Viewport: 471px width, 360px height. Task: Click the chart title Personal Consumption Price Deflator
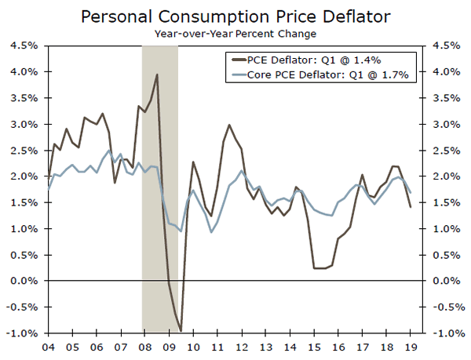coord(235,15)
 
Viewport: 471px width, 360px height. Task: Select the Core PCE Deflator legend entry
coord(325,75)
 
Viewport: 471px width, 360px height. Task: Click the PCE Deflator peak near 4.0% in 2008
coord(157,75)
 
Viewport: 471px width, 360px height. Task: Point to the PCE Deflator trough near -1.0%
coord(181,331)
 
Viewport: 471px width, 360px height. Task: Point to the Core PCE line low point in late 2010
coord(211,232)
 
